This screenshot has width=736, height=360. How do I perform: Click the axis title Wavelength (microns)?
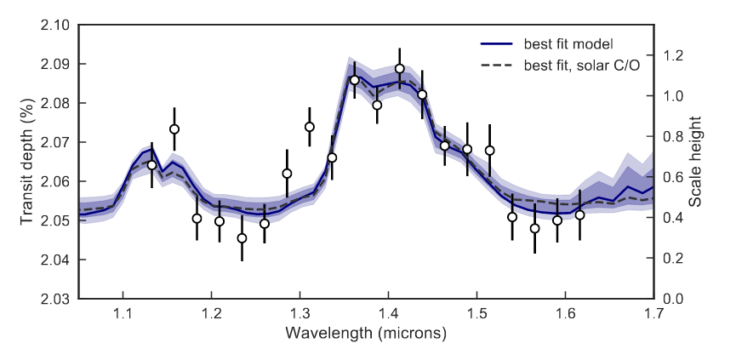tap(366, 333)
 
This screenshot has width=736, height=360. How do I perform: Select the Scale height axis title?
tap(709, 162)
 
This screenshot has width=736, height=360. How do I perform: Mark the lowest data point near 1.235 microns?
tap(242, 238)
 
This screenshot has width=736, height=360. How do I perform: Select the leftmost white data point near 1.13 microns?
tap(152, 165)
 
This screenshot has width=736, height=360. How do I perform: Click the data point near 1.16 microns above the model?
tap(174, 129)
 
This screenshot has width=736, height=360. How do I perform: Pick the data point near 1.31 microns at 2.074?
tap(310, 127)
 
